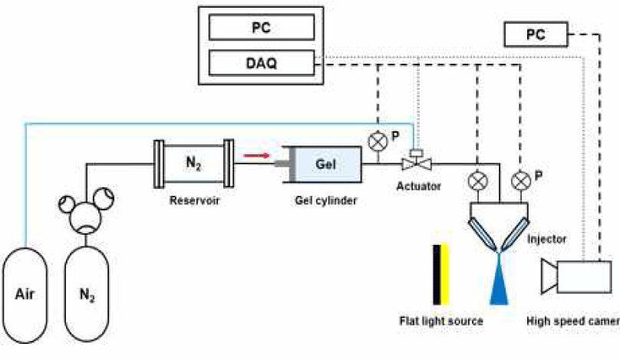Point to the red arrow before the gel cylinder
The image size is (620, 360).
click(256, 157)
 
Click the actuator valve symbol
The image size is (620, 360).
click(415, 162)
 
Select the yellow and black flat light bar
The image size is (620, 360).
click(440, 275)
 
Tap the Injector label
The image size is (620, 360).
click(546, 239)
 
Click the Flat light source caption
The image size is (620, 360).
click(440, 321)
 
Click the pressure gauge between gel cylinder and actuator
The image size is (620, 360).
click(378, 141)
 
